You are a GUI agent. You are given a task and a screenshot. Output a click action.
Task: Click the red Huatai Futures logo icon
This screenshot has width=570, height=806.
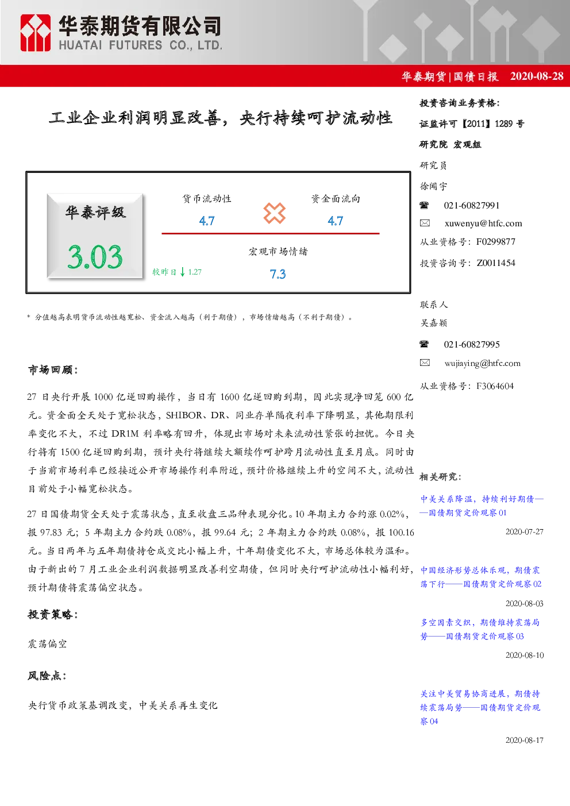(x=35, y=33)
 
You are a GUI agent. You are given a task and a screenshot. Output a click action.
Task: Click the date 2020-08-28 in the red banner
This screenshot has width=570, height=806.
(x=537, y=76)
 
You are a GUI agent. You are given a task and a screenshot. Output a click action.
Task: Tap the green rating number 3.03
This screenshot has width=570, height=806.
(x=95, y=257)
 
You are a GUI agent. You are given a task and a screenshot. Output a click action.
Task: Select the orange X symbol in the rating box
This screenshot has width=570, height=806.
(x=274, y=213)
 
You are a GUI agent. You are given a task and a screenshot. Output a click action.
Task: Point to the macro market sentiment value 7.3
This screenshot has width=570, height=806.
(x=278, y=274)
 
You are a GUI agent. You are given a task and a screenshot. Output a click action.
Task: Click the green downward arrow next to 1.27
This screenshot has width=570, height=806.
(x=183, y=272)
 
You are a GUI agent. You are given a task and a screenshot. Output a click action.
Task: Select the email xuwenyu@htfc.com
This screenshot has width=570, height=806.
(x=483, y=223)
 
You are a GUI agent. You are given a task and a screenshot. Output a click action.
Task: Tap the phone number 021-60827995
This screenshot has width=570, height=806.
(x=472, y=344)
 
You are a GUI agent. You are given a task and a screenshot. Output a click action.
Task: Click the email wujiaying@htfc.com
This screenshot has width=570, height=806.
(x=483, y=363)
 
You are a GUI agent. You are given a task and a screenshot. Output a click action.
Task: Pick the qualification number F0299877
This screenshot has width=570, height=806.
(x=496, y=241)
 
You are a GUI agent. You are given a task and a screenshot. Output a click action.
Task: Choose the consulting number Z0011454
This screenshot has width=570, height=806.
(x=496, y=263)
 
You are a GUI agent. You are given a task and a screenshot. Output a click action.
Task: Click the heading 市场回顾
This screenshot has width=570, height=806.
(x=53, y=369)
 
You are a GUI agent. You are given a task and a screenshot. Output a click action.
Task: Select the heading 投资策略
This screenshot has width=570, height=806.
(x=53, y=614)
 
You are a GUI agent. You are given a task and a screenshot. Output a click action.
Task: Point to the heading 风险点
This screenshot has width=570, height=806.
(x=47, y=676)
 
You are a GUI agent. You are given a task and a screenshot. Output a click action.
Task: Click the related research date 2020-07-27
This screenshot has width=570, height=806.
(x=524, y=532)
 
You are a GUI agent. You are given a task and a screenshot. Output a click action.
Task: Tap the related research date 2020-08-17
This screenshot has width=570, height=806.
(x=524, y=740)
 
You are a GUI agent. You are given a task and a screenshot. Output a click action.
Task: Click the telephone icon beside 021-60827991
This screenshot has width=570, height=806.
(x=424, y=206)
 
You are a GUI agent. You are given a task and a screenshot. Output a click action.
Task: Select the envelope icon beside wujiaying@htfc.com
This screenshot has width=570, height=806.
(x=425, y=362)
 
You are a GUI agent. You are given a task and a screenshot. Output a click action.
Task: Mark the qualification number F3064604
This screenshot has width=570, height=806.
(x=495, y=386)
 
